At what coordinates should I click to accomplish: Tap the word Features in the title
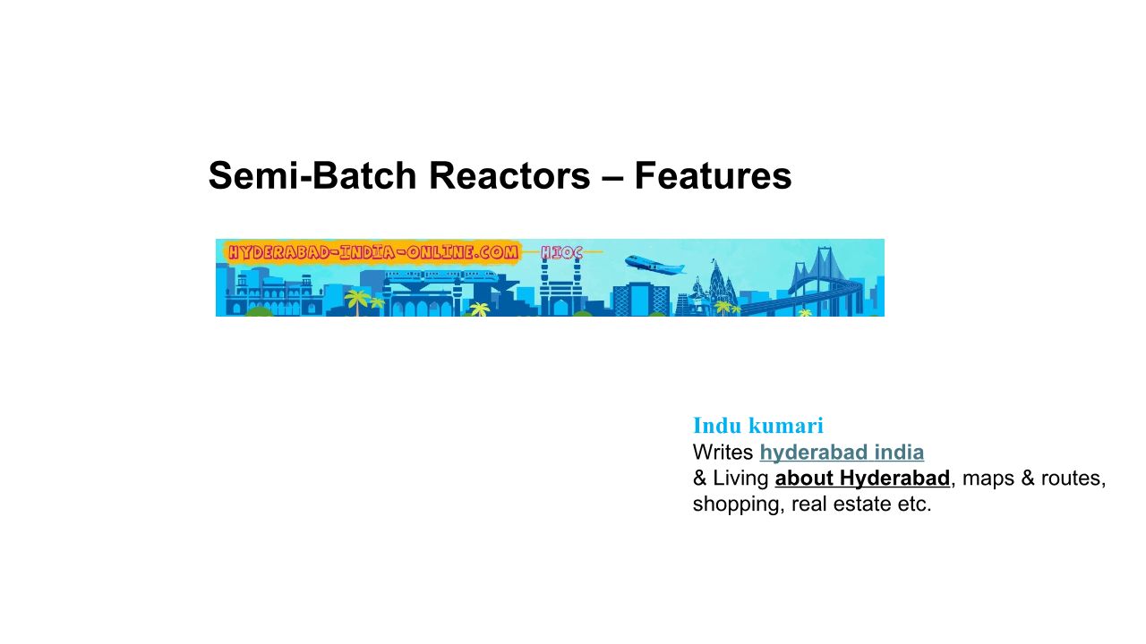pyautogui.click(x=713, y=176)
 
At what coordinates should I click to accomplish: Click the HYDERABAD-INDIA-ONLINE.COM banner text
pyautogui.click(x=372, y=253)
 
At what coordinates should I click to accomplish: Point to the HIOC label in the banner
pyautogui.click(x=561, y=253)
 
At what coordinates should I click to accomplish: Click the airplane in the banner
pyautogui.click(x=654, y=265)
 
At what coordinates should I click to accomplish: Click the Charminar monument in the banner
pyautogui.click(x=560, y=292)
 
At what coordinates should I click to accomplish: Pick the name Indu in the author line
pyautogui.click(x=718, y=426)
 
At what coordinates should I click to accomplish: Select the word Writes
pyautogui.click(x=723, y=453)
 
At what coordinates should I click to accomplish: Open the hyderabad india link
pyautogui.click(x=842, y=453)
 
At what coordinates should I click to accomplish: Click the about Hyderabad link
pyautogui.click(x=862, y=479)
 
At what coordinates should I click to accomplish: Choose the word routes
pyautogui.click(x=1072, y=479)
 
